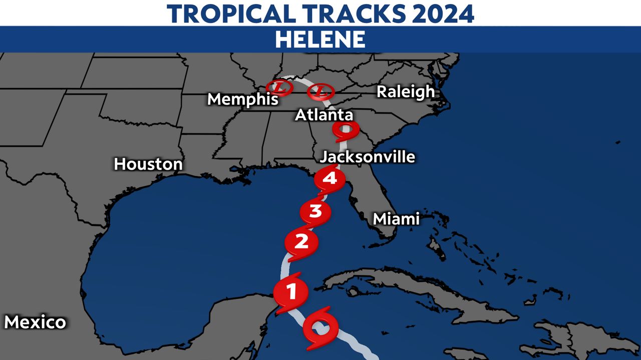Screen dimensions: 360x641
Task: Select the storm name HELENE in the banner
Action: coord(320,39)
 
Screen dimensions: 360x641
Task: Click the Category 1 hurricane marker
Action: coord(290,291)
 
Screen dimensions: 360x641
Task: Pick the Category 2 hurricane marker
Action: coord(301,243)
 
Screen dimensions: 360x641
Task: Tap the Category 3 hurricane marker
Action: coord(315,211)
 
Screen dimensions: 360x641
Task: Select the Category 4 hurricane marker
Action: coord(330,178)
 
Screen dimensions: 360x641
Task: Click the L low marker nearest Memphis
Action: coord(279,88)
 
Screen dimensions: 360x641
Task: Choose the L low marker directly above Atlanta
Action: coord(320,91)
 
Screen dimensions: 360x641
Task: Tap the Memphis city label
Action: coord(243,99)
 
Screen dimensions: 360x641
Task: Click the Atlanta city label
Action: coord(324,115)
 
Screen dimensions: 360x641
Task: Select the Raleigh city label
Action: coord(406,92)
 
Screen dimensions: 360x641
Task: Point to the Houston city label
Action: coord(148,164)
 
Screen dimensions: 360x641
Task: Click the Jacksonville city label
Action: coord(368,157)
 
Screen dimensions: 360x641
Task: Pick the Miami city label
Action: coord(396,218)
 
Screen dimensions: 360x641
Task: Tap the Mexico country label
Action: coord(35,322)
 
